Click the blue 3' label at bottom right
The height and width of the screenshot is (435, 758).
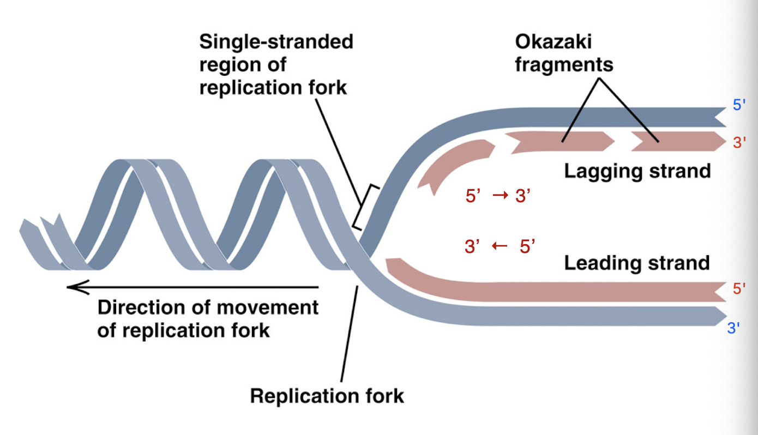[734, 328]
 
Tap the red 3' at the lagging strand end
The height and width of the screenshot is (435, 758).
[739, 143]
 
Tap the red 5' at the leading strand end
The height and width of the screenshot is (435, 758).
[739, 288]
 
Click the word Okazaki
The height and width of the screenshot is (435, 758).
[553, 43]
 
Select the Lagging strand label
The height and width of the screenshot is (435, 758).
[637, 171]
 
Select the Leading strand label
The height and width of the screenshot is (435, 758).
[636, 263]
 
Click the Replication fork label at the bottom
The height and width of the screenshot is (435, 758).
[327, 396]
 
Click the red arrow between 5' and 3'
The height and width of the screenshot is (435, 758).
[500, 196]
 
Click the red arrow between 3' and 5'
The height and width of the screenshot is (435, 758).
[500, 246]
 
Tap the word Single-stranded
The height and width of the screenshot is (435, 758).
[276, 42]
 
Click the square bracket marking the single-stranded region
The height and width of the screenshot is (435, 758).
[365, 207]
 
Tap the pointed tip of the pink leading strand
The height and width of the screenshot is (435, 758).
[389, 264]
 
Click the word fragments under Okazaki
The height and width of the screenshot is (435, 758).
[564, 65]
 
